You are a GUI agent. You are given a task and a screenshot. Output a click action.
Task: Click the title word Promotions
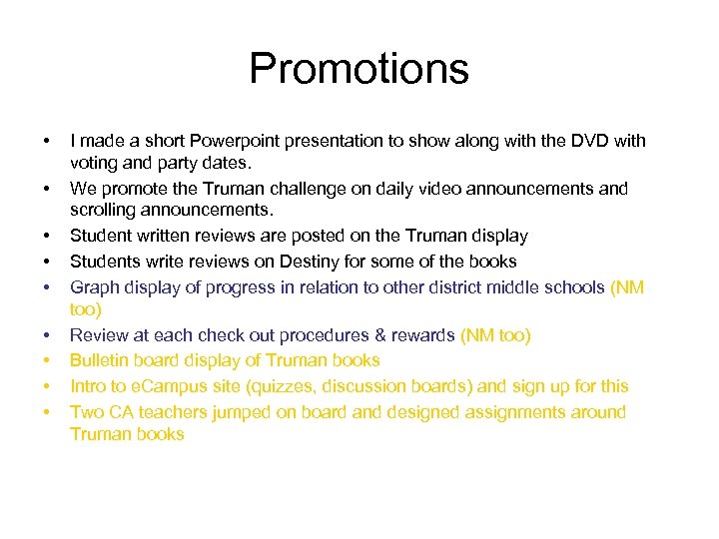click(x=359, y=69)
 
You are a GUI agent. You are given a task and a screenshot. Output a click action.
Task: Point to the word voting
click(x=94, y=162)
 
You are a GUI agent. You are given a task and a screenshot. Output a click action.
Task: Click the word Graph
click(x=94, y=287)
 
